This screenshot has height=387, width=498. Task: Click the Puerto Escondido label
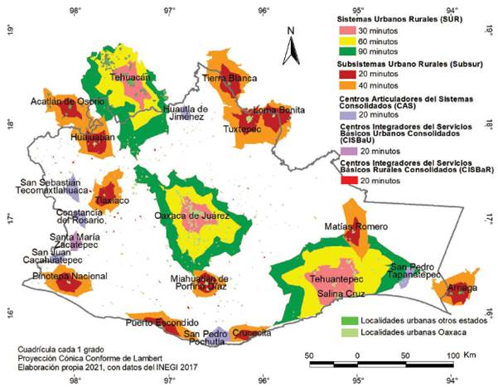tap(162, 322)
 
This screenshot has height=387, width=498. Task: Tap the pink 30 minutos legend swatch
tap(350, 30)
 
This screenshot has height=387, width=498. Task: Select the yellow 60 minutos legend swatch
tap(350, 41)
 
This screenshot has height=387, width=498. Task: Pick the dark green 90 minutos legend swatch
tap(350, 51)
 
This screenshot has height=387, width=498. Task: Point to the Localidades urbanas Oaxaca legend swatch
tap(350, 331)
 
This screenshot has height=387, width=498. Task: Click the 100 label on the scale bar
tap(452, 355)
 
